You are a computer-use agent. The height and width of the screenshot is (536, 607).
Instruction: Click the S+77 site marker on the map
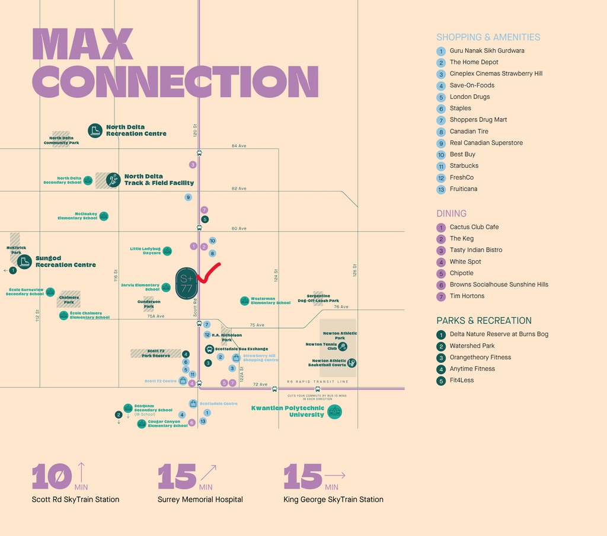186,283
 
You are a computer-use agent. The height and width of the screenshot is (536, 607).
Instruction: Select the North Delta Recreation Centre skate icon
95,130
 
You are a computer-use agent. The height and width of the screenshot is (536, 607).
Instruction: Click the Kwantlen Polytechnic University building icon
334,411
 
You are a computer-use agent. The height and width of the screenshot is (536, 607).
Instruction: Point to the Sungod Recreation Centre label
65,261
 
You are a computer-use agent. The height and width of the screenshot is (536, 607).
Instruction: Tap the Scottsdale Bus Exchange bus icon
209,349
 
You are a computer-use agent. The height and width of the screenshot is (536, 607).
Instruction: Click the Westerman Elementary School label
270,301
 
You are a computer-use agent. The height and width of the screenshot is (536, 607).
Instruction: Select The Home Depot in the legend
474,62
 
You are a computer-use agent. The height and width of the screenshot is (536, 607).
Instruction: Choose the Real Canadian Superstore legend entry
485,143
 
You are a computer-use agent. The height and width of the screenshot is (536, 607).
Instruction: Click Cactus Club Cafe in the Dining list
474,227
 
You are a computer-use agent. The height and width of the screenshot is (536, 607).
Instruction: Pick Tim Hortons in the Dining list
467,296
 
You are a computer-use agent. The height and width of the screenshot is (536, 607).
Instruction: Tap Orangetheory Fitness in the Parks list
480,358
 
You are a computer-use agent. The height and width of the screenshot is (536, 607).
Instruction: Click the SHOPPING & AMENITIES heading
488,37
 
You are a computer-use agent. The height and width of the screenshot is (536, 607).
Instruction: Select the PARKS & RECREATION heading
484,321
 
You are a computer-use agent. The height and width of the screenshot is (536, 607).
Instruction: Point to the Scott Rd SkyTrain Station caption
75,499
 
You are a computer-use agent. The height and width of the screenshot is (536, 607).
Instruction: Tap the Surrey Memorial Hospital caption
200,499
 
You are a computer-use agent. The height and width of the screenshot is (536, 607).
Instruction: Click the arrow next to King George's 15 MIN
335,476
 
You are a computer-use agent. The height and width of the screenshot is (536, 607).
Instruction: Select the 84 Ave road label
239,146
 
